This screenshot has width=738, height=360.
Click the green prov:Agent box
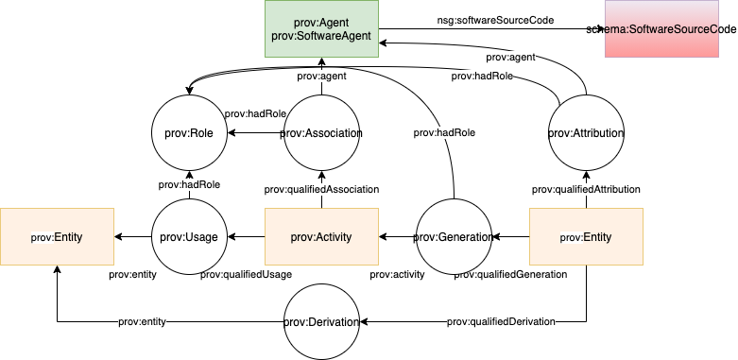321,28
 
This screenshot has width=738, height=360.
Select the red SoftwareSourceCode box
671,29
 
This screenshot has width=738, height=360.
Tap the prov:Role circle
189,133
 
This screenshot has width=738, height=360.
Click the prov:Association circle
321,133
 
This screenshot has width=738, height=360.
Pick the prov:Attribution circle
586,133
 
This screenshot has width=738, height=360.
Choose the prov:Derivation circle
321,322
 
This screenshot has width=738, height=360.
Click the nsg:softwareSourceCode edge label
495,19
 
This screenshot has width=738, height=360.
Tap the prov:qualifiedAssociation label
321,189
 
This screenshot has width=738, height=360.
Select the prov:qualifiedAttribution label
586,189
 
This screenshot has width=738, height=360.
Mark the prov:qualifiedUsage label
246,274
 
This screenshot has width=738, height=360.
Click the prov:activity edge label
397,274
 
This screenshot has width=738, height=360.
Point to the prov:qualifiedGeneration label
510,274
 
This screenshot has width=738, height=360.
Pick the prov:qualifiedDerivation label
501,321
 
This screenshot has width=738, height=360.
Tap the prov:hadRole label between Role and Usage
189,185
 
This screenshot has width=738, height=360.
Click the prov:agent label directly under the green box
321,76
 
